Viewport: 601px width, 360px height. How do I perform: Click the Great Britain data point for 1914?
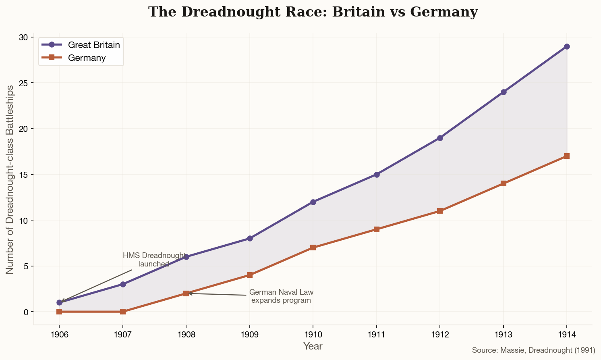pos(567,46)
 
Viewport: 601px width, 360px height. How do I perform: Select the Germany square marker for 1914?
pos(567,156)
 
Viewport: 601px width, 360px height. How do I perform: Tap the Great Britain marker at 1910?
pos(313,202)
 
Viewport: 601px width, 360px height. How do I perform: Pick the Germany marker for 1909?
pos(250,275)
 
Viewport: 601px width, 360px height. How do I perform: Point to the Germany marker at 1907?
pos(123,312)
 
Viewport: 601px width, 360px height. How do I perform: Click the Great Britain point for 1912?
pos(440,138)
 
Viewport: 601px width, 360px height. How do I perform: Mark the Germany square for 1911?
pos(377,229)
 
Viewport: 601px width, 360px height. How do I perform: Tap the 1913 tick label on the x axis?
pos(503,334)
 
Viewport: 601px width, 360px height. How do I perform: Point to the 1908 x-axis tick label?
pos(186,334)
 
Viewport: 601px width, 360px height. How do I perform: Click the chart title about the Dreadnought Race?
pos(313,12)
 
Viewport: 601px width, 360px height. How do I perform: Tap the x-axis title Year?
pos(313,346)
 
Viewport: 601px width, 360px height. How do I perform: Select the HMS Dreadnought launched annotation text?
pos(154,260)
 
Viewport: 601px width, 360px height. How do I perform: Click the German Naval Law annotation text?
pos(281,296)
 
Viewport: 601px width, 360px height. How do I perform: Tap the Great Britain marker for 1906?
pos(60,302)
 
